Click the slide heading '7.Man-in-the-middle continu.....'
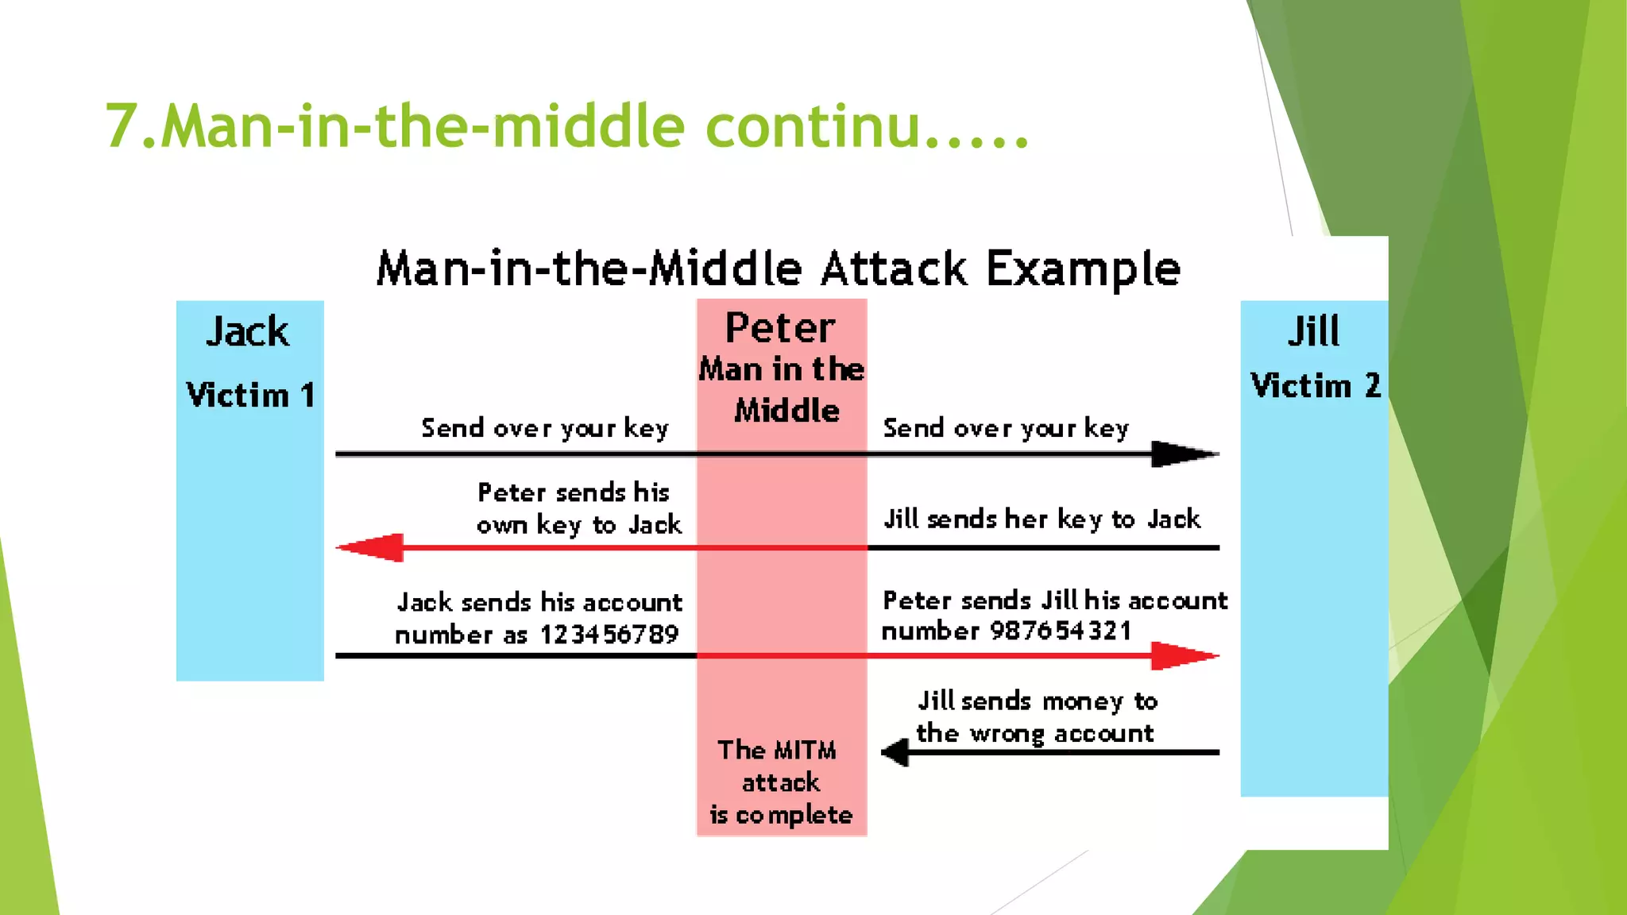567,126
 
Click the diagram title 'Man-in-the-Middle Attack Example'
779,268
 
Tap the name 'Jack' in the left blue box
248,331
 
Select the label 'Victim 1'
250,395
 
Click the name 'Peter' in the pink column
780,328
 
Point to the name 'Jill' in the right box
1313,331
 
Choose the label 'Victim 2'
1315,386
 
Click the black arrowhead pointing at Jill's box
1182,454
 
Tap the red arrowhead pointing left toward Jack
372,547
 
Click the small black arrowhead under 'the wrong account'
897,751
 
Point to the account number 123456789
609,635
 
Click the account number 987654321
1061,631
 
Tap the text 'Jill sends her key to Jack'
1042,519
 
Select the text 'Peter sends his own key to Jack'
578,508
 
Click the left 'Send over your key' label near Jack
545,428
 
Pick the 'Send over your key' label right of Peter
1006,428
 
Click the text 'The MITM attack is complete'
780,782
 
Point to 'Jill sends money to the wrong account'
1035,716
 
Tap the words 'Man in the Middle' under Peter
782,390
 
